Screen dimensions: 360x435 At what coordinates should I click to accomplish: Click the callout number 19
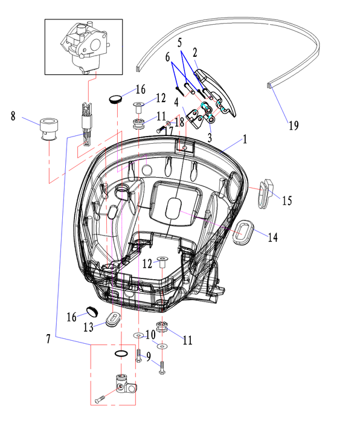tap(294, 126)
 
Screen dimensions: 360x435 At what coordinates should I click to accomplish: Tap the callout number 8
tap(13, 116)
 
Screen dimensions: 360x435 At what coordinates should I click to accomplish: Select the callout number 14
tap(272, 237)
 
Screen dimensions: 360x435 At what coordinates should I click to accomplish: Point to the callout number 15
tap(287, 201)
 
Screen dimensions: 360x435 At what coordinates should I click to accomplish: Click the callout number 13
tap(88, 327)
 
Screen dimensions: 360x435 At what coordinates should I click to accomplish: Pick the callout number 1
tap(245, 140)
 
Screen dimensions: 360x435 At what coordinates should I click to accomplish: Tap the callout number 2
tap(195, 53)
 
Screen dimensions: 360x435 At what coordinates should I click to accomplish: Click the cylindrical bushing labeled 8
tap(49, 129)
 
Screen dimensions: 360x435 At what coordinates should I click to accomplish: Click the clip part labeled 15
tap(265, 194)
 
